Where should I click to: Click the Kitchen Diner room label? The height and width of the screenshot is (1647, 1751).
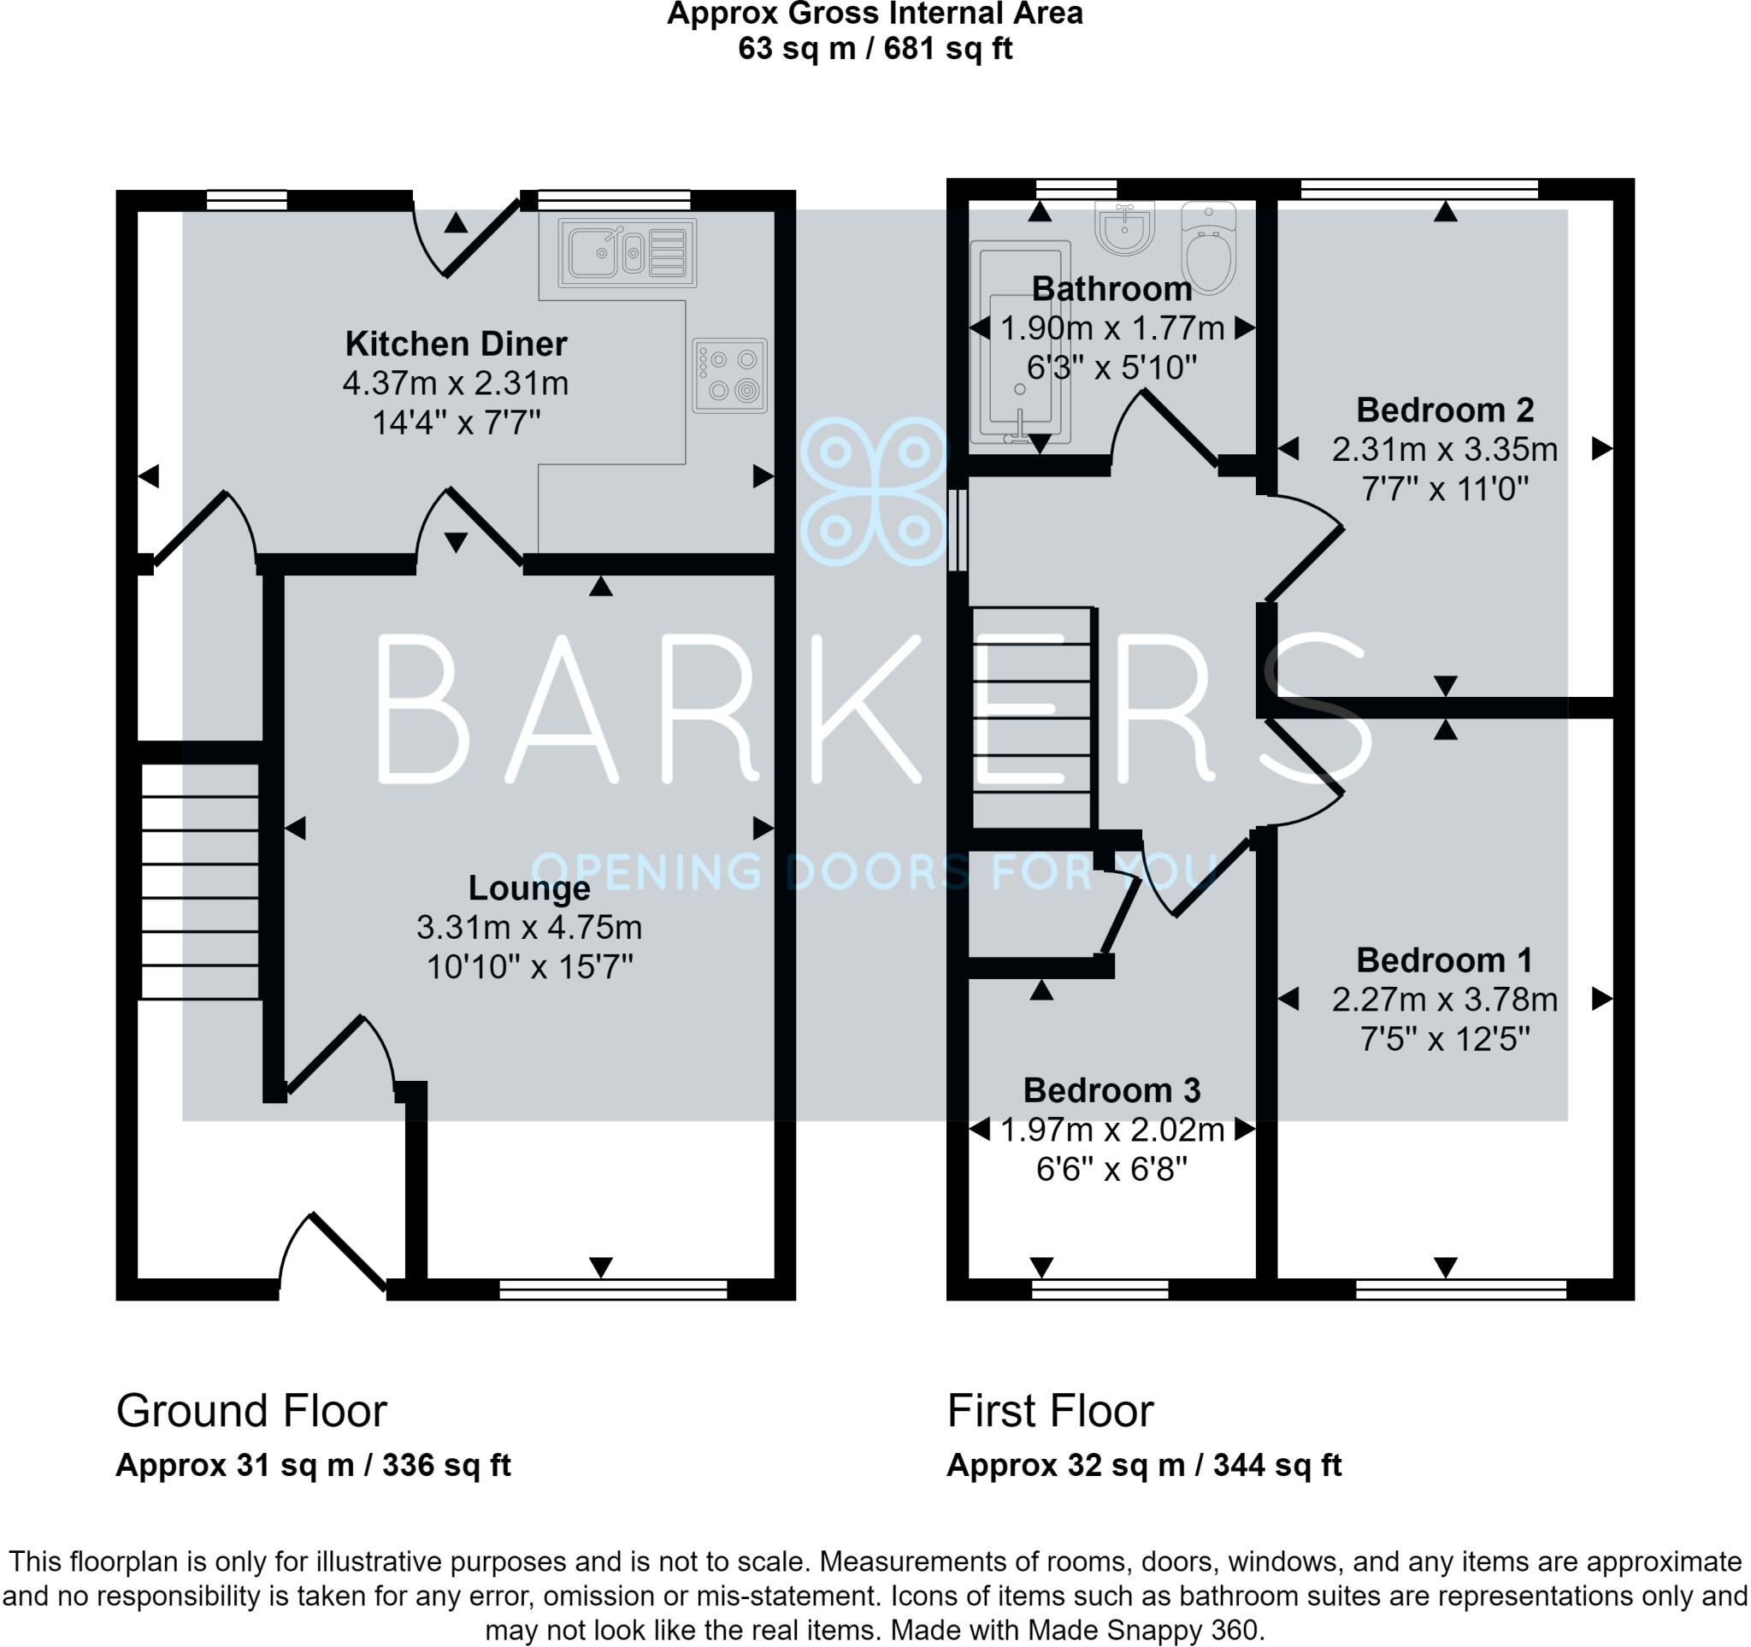[456, 344]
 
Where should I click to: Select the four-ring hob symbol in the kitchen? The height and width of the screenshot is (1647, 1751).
[729, 375]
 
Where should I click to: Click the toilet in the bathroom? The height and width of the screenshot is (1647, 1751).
[1208, 246]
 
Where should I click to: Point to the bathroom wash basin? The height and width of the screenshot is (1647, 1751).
[1125, 227]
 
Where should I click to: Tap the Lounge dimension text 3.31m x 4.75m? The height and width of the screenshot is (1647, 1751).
[528, 928]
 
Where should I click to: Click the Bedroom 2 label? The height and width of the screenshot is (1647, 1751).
[1444, 410]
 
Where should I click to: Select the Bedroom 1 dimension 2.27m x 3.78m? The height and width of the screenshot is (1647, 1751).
[1444, 1000]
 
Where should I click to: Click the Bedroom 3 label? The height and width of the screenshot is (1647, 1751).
[1111, 1090]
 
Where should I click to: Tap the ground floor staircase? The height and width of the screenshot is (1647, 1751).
[200, 881]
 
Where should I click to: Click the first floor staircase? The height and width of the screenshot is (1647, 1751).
[1032, 717]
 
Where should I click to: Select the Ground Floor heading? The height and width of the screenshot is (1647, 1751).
[251, 1411]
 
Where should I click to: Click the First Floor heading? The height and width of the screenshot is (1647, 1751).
[1050, 1411]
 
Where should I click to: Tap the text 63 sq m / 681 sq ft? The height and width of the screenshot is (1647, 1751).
[875, 49]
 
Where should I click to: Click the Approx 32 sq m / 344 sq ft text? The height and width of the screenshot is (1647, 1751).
[1143, 1466]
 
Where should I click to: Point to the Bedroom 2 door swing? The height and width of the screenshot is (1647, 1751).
[1304, 551]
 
